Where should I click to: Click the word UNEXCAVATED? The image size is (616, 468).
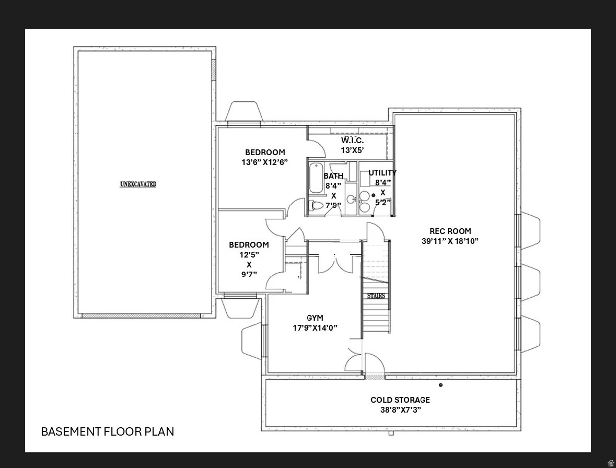tap(138, 184)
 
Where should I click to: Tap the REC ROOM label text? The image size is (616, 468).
tap(450, 231)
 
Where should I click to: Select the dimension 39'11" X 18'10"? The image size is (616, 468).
tap(450, 241)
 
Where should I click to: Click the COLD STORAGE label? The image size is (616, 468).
tap(400, 400)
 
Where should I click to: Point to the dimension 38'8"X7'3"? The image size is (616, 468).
tap(400, 410)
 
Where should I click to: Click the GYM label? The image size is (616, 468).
tap(315, 318)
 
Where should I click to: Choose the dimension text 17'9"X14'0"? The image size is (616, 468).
tap(315, 328)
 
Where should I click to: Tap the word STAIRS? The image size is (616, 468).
tap(376, 296)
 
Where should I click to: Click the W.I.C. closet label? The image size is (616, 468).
tap(352, 141)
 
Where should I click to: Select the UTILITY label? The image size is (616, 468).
tap(382, 173)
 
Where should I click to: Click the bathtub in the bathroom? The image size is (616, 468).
tap(316, 179)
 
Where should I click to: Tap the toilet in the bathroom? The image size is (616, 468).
tap(316, 205)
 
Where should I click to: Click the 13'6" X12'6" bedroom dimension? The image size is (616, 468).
tap(264, 162)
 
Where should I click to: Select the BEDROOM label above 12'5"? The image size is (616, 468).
tap(249, 245)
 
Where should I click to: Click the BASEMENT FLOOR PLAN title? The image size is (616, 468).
tap(108, 431)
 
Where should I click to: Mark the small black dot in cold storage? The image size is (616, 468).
tap(440, 385)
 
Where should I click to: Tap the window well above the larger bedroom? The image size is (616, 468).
tap(244, 112)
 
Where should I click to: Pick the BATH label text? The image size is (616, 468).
tap(333, 176)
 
